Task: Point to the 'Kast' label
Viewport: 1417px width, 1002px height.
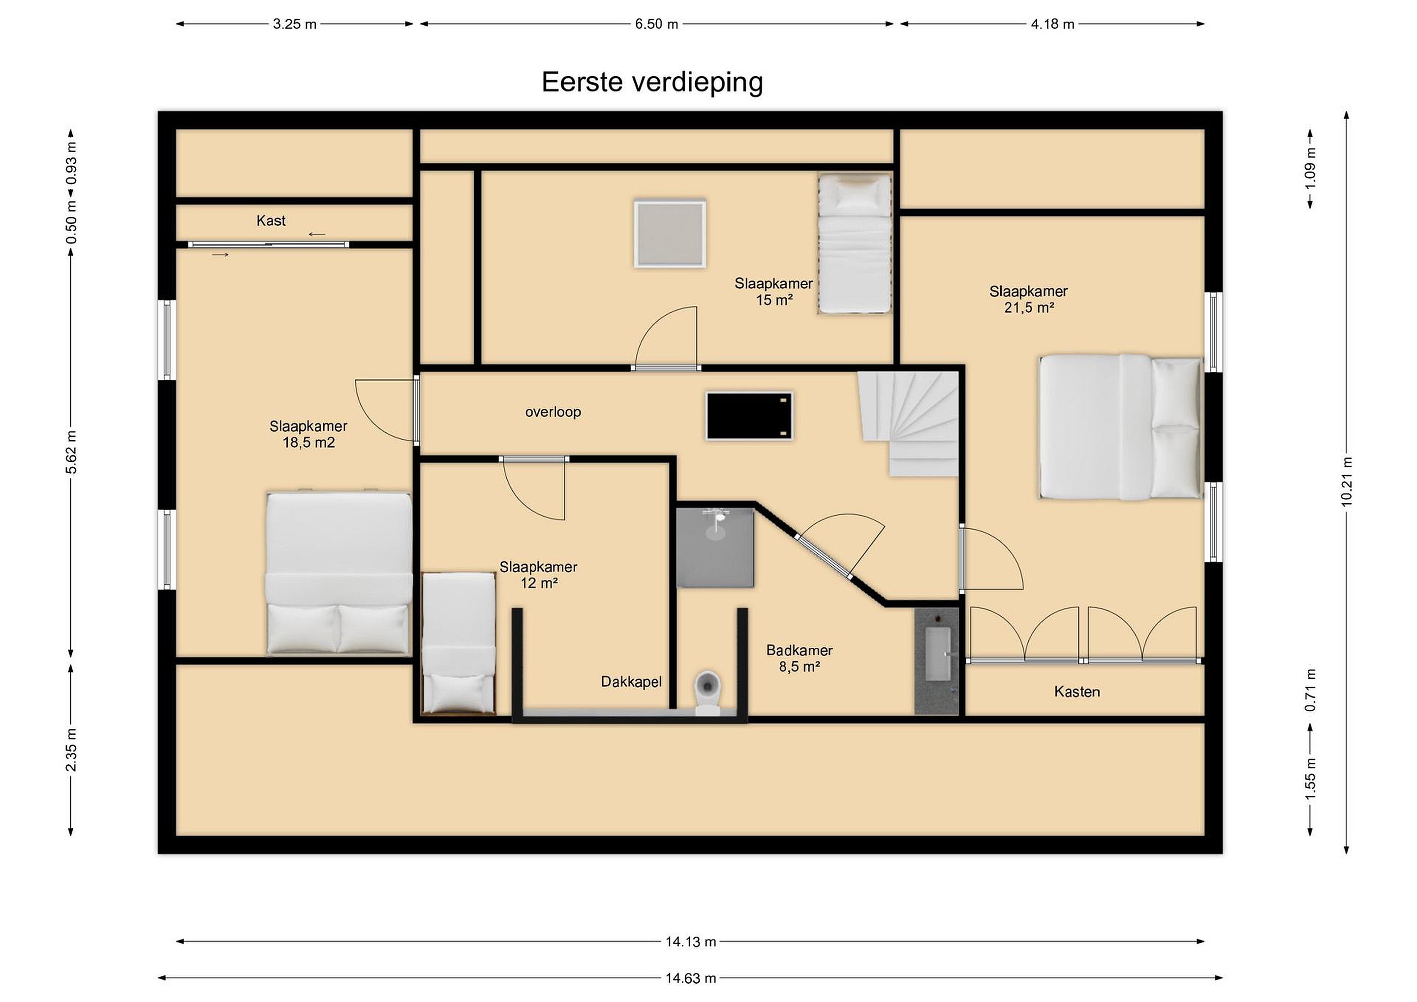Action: pos(271,221)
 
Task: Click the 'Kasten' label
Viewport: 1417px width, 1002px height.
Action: pos(1077,692)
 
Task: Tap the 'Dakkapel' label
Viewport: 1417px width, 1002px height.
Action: pos(631,682)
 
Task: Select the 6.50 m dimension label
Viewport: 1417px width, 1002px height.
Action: pos(657,24)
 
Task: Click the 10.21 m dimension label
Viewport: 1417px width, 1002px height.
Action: pos(1347,482)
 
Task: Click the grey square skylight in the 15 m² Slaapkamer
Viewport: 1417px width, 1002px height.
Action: pos(670,233)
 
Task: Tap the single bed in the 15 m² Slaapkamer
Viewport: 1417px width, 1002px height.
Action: pos(855,243)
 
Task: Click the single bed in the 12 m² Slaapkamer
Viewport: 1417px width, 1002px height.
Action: pos(459,643)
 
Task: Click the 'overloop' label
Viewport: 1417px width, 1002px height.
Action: pos(553,412)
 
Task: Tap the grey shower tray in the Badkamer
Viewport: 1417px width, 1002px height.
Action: pos(715,547)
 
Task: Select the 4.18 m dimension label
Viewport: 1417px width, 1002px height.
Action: pos(1052,24)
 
